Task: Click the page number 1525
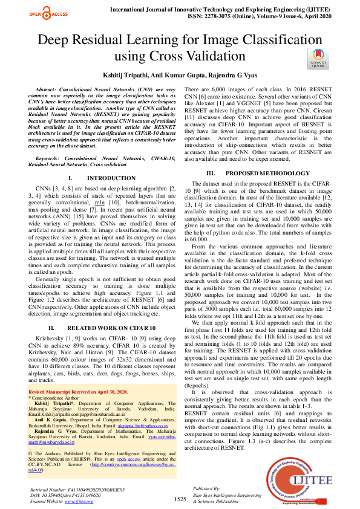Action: [x=180, y=499]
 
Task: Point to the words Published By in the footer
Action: [x=206, y=488]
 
